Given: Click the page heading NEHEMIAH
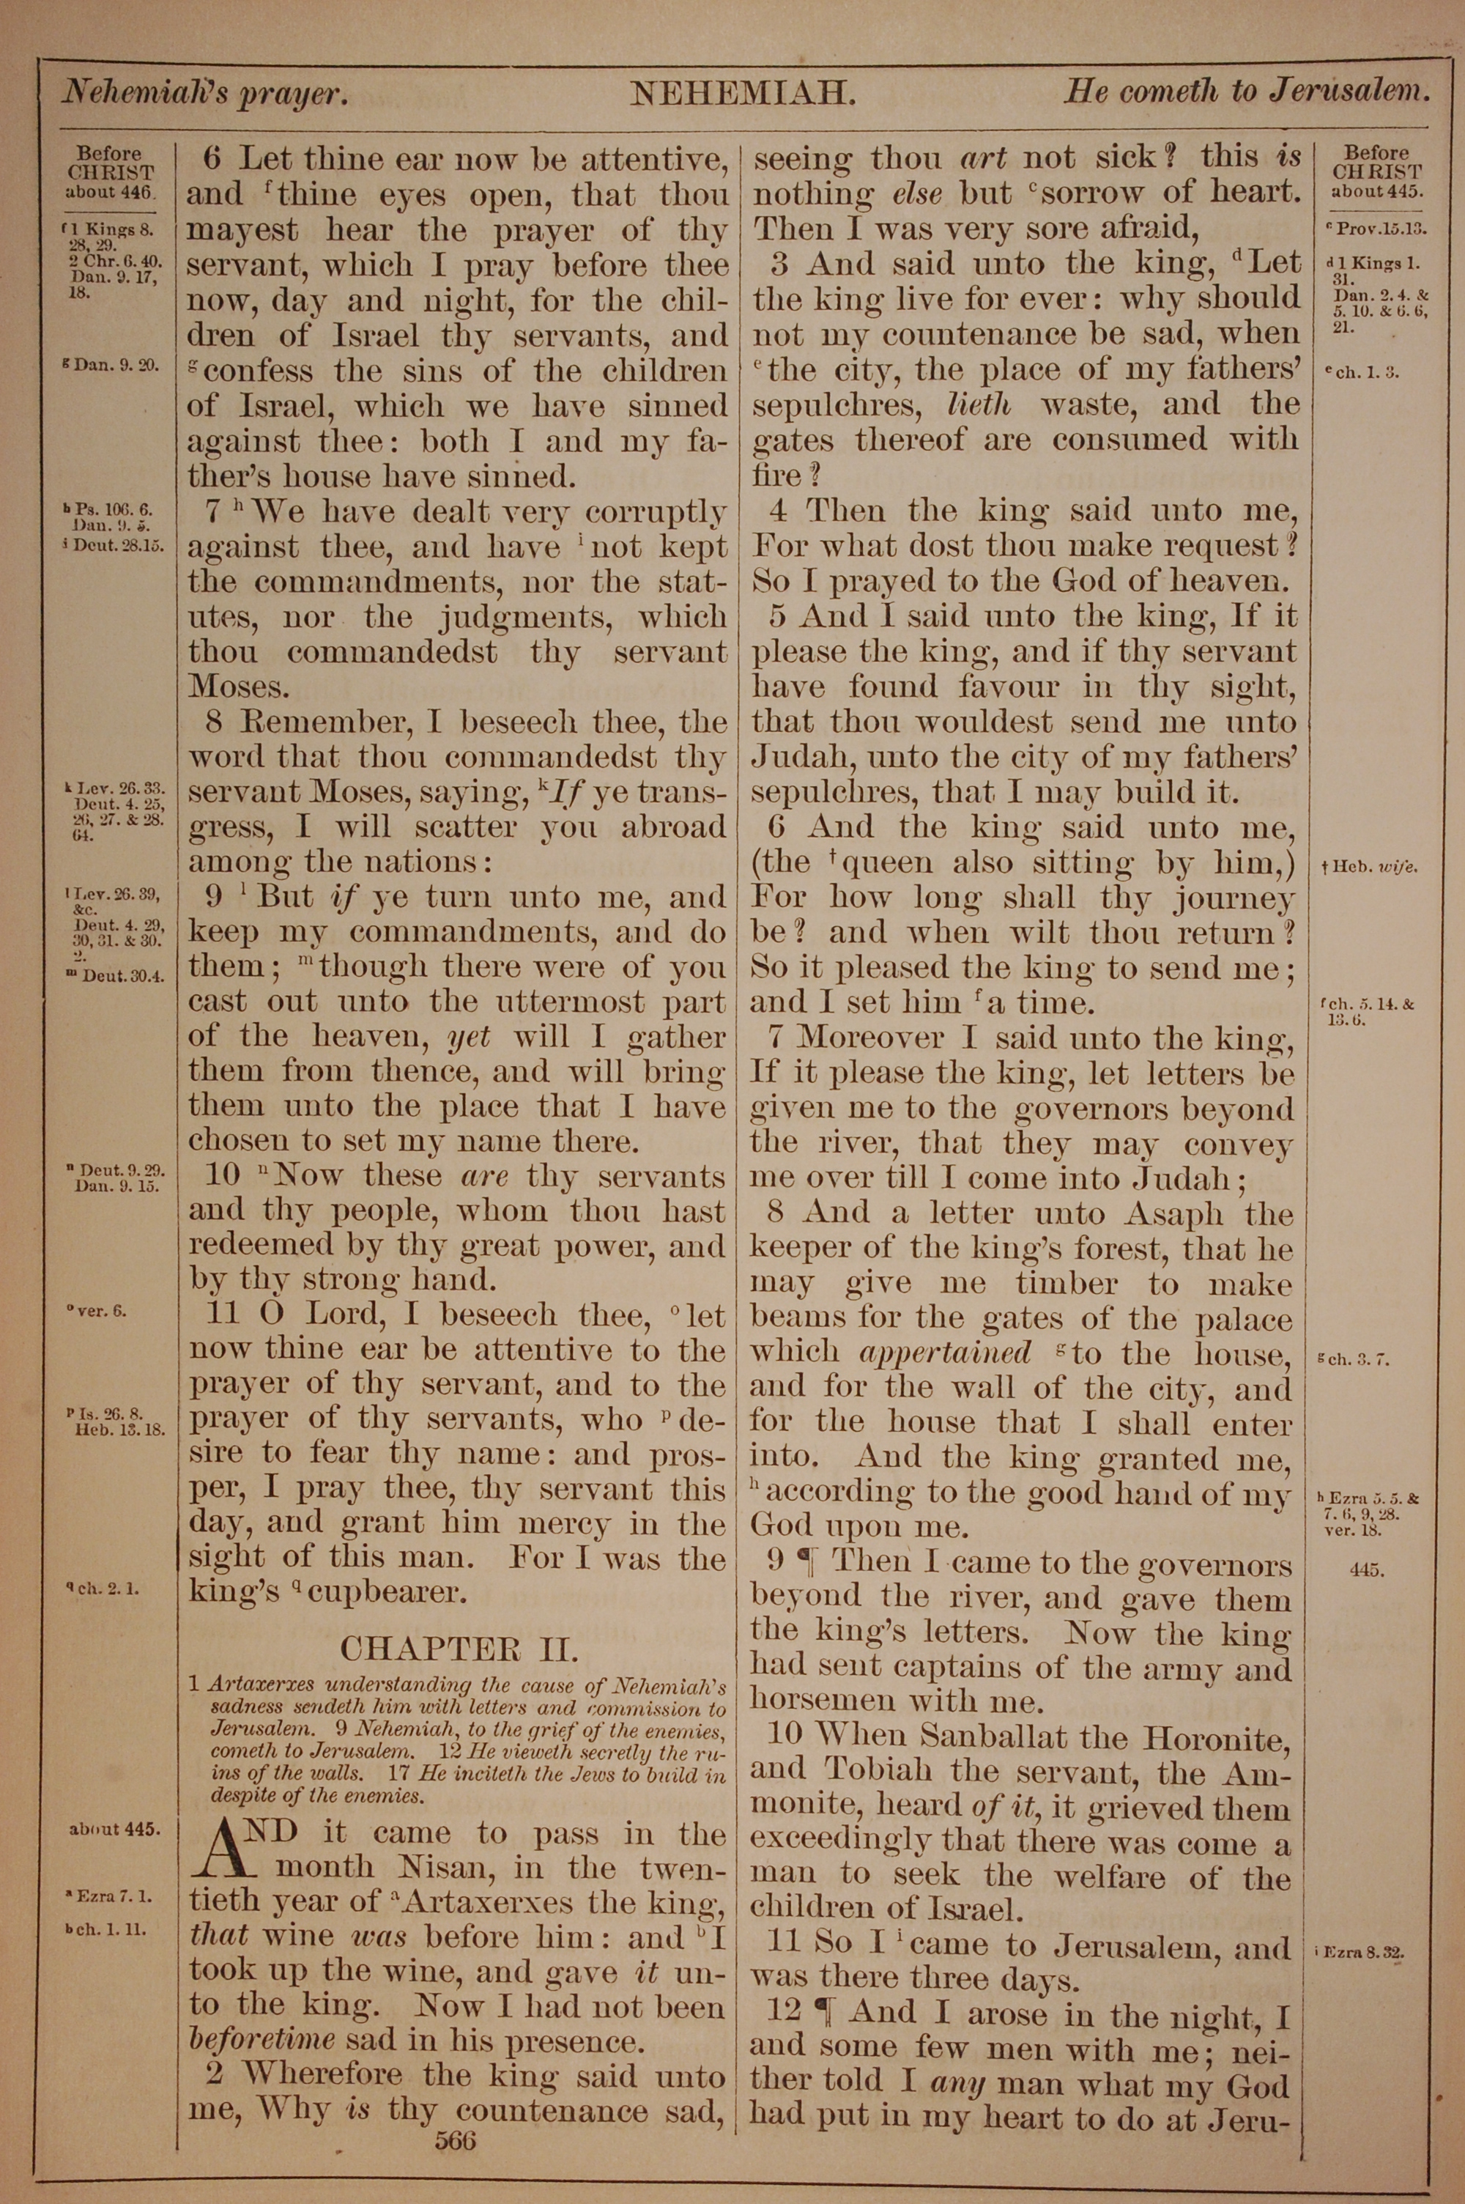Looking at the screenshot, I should pos(743,94).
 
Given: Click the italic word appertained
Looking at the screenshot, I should pos(945,1354).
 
